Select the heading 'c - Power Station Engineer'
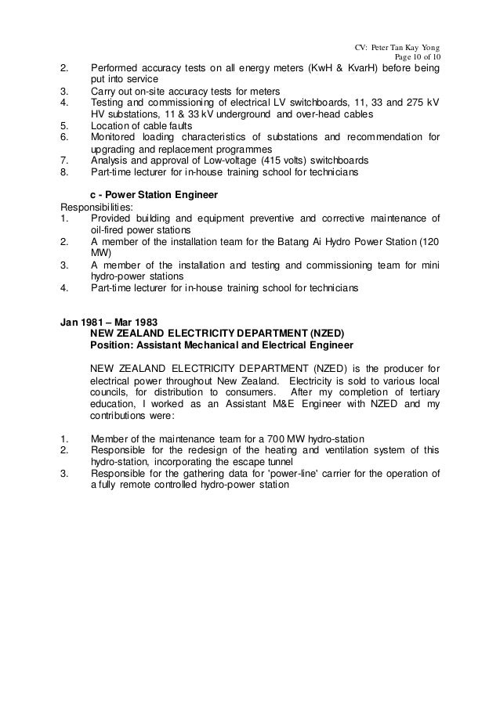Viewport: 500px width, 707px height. (x=150, y=195)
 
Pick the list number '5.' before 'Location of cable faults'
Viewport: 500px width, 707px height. (x=65, y=125)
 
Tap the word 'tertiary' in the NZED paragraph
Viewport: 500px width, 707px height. (x=420, y=391)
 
